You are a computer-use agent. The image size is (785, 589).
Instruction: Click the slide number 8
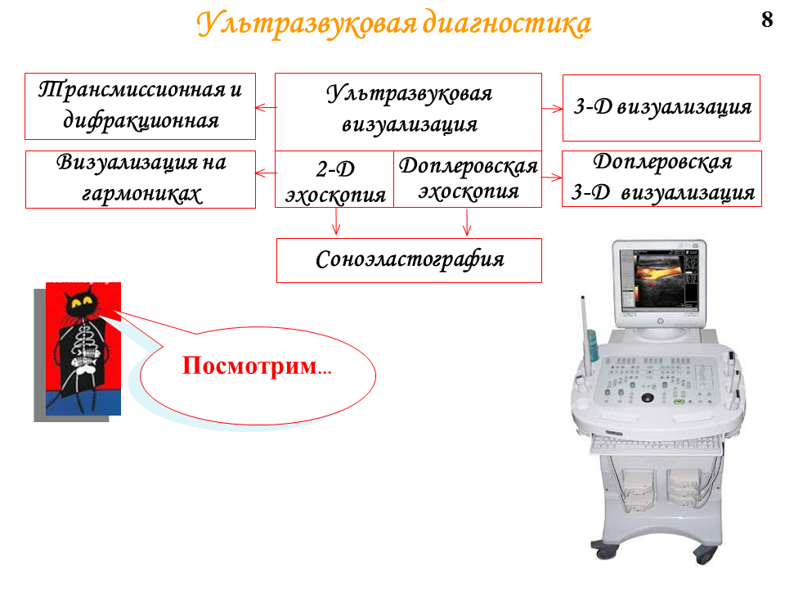pos(767,20)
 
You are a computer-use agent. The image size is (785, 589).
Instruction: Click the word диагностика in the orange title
pos(507,24)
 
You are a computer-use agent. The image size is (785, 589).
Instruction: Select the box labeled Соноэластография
pos(409,260)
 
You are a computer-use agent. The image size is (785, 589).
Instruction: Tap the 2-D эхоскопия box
pos(334,179)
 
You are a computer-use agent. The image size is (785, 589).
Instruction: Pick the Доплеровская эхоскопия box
pos(468,179)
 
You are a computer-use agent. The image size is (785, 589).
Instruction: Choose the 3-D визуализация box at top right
pos(662,108)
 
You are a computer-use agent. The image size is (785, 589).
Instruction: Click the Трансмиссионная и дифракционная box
pos(140,106)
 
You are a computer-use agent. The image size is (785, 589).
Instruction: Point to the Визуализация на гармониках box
pos(141,179)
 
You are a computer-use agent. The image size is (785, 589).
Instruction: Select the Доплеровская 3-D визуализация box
pos(662,179)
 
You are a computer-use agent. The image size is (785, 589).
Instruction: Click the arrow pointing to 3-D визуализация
pos(552,108)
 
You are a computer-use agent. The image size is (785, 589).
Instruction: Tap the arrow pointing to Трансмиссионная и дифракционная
pos(265,107)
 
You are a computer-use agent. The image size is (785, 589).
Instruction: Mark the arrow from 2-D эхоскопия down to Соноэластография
pos(336,222)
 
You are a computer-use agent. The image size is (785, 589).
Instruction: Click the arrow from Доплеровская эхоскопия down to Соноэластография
pos(467,222)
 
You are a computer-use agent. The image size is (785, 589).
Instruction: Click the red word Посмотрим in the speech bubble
pos(250,365)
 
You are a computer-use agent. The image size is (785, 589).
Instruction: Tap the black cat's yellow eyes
pos(82,301)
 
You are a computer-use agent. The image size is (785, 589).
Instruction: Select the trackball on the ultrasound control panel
pos(648,398)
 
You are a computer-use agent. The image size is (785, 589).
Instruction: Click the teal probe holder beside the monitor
pos(592,344)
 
